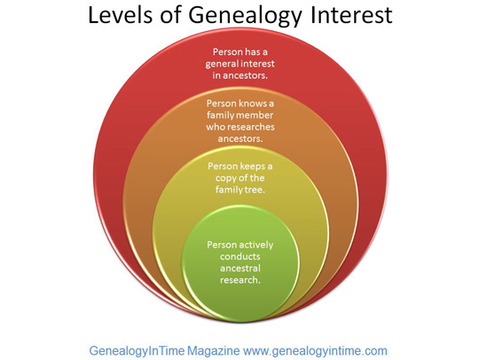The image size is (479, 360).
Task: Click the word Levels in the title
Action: (x=120, y=15)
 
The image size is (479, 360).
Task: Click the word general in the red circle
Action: (x=221, y=64)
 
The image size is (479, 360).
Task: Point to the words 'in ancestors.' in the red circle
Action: (x=239, y=75)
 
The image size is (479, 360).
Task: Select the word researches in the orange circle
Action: (x=251, y=127)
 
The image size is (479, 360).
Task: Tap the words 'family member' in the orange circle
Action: (x=239, y=115)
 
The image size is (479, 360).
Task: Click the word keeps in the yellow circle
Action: (x=252, y=167)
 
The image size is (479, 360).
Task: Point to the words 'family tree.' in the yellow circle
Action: (x=239, y=190)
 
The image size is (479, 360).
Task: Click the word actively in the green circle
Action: (x=256, y=246)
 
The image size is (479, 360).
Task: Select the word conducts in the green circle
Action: (x=239, y=256)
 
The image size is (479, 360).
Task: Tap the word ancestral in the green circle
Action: (x=240, y=269)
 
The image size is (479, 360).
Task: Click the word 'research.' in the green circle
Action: (x=240, y=280)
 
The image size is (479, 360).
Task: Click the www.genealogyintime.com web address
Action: (x=315, y=351)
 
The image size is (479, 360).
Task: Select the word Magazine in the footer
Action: (x=213, y=351)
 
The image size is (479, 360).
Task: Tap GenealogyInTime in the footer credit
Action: (x=137, y=351)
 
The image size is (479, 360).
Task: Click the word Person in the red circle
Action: (x=227, y=52)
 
